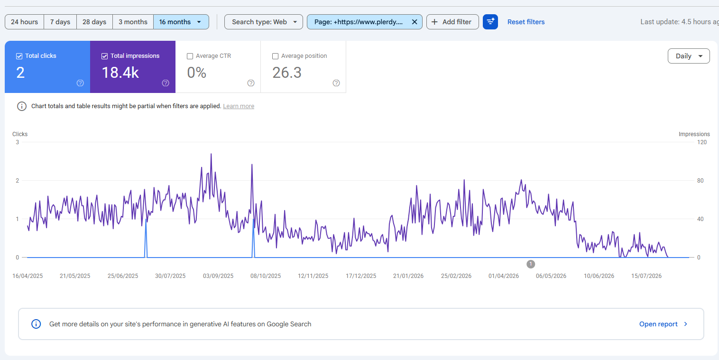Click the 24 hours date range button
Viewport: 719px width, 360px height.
(24, 22)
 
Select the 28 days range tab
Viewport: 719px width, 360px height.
(94, 22)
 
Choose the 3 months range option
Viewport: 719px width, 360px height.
(133, 22)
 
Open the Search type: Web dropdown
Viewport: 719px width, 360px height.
(264, 22)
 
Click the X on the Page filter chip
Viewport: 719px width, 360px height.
(415, 22)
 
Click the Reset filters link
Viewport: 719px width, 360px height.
(526, 22)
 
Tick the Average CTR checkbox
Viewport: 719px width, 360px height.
(190, 56)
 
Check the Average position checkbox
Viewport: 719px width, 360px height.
(275, 56)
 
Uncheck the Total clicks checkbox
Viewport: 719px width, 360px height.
(19, 56)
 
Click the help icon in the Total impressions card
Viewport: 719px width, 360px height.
(166, 83)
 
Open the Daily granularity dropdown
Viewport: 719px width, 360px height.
(689, 56)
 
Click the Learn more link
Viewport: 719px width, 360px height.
(239, 106)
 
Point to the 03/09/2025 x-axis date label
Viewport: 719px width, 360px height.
(218, 276)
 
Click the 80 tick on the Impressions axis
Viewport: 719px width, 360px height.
(700, 181)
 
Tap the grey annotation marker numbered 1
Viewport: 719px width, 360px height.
(531, 264)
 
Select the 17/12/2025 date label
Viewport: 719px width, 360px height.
(361, 276)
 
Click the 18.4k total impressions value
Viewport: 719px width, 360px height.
(120, 73)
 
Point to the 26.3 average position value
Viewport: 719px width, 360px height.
(287, 73)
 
